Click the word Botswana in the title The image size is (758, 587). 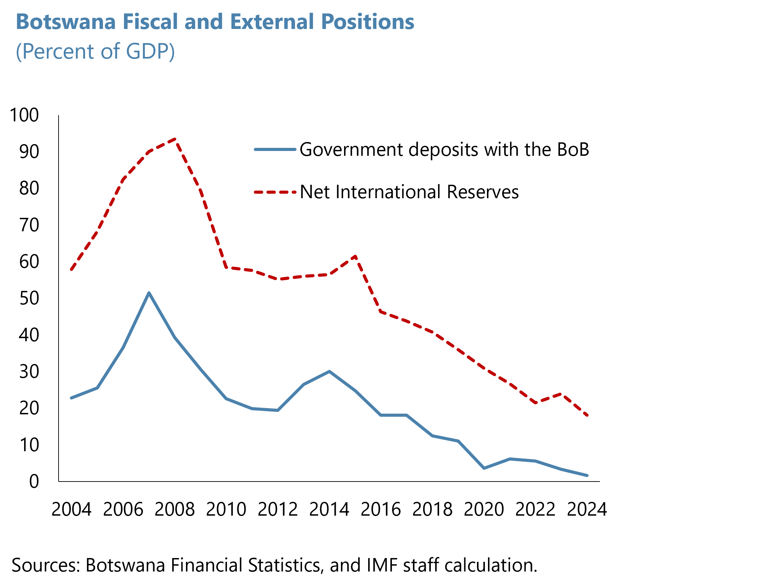pyautogui.click(x=65, y=21)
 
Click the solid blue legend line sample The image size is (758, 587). pyautogui.click(x=275, y=150)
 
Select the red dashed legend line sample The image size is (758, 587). pyautogui.click(x=275, y=192)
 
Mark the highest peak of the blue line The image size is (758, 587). pyautogui.click(x=149, y=293)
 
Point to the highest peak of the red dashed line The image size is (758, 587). pyautogui.click(x=176, y=139)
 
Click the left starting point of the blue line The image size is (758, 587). pyautogui.click(x=72, y=398)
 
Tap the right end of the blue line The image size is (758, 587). pyautogui.click(x=587, y=476)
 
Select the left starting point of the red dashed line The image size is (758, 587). pyautogui.click(x=72, y=269)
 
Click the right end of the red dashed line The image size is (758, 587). pyautogui.click(x=587, y=415)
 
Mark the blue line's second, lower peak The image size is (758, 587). pyautogui.click(x=329, y=372)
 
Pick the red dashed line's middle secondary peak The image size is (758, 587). pyautogui.click(x=355, y=257)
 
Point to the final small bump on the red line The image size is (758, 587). pyautogui.click(x=561, y=394)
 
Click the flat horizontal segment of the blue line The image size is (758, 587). pyautogui.click(x=394, y=415)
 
